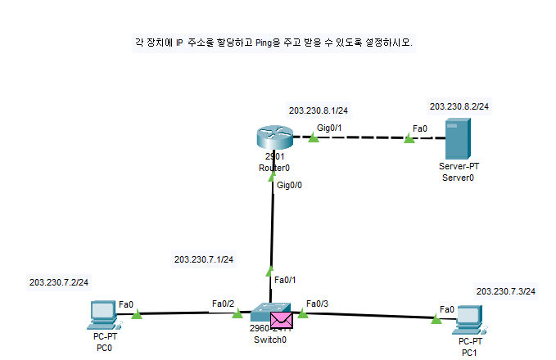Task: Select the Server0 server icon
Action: coord(457,138)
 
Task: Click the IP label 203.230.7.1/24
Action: coord(204,259)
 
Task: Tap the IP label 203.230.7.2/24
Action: coord(58,281)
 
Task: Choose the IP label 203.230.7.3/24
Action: coord(505,291)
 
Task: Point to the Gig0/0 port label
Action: coord(290,187)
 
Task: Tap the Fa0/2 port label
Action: coord(223,304)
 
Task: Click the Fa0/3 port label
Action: coord(317,304)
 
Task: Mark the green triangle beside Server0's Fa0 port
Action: coord(409,140)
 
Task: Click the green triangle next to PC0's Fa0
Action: coord(137,313)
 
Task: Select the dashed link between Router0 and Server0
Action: coord(360,139)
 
